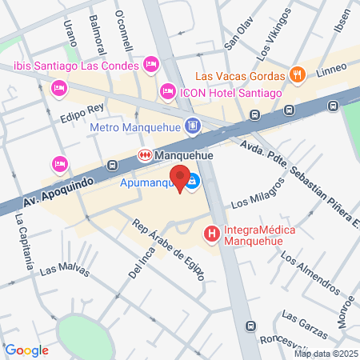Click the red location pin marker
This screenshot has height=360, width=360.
(x=180, y=178)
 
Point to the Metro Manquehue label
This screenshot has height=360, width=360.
(x=137, y=126)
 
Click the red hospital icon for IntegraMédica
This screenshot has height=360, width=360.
(x=212, y=234)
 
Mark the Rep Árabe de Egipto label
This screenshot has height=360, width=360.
(x=169, y=250)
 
